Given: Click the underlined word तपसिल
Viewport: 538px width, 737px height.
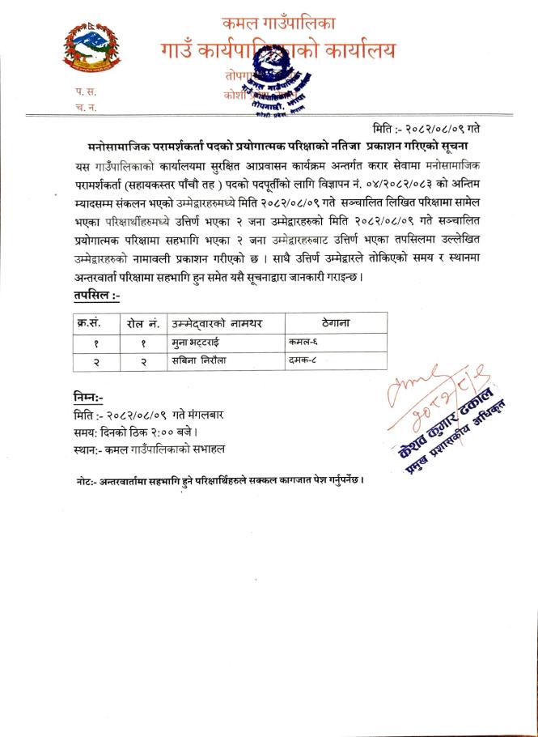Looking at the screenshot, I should point(93,296).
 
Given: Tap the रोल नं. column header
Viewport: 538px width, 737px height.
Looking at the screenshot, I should point(142,323).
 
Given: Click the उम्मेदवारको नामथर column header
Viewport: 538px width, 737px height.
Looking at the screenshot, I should point(216,323).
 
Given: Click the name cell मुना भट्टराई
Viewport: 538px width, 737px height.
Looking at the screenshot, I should point(195,343).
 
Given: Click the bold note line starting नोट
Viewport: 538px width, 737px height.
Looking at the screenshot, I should point(219,480).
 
